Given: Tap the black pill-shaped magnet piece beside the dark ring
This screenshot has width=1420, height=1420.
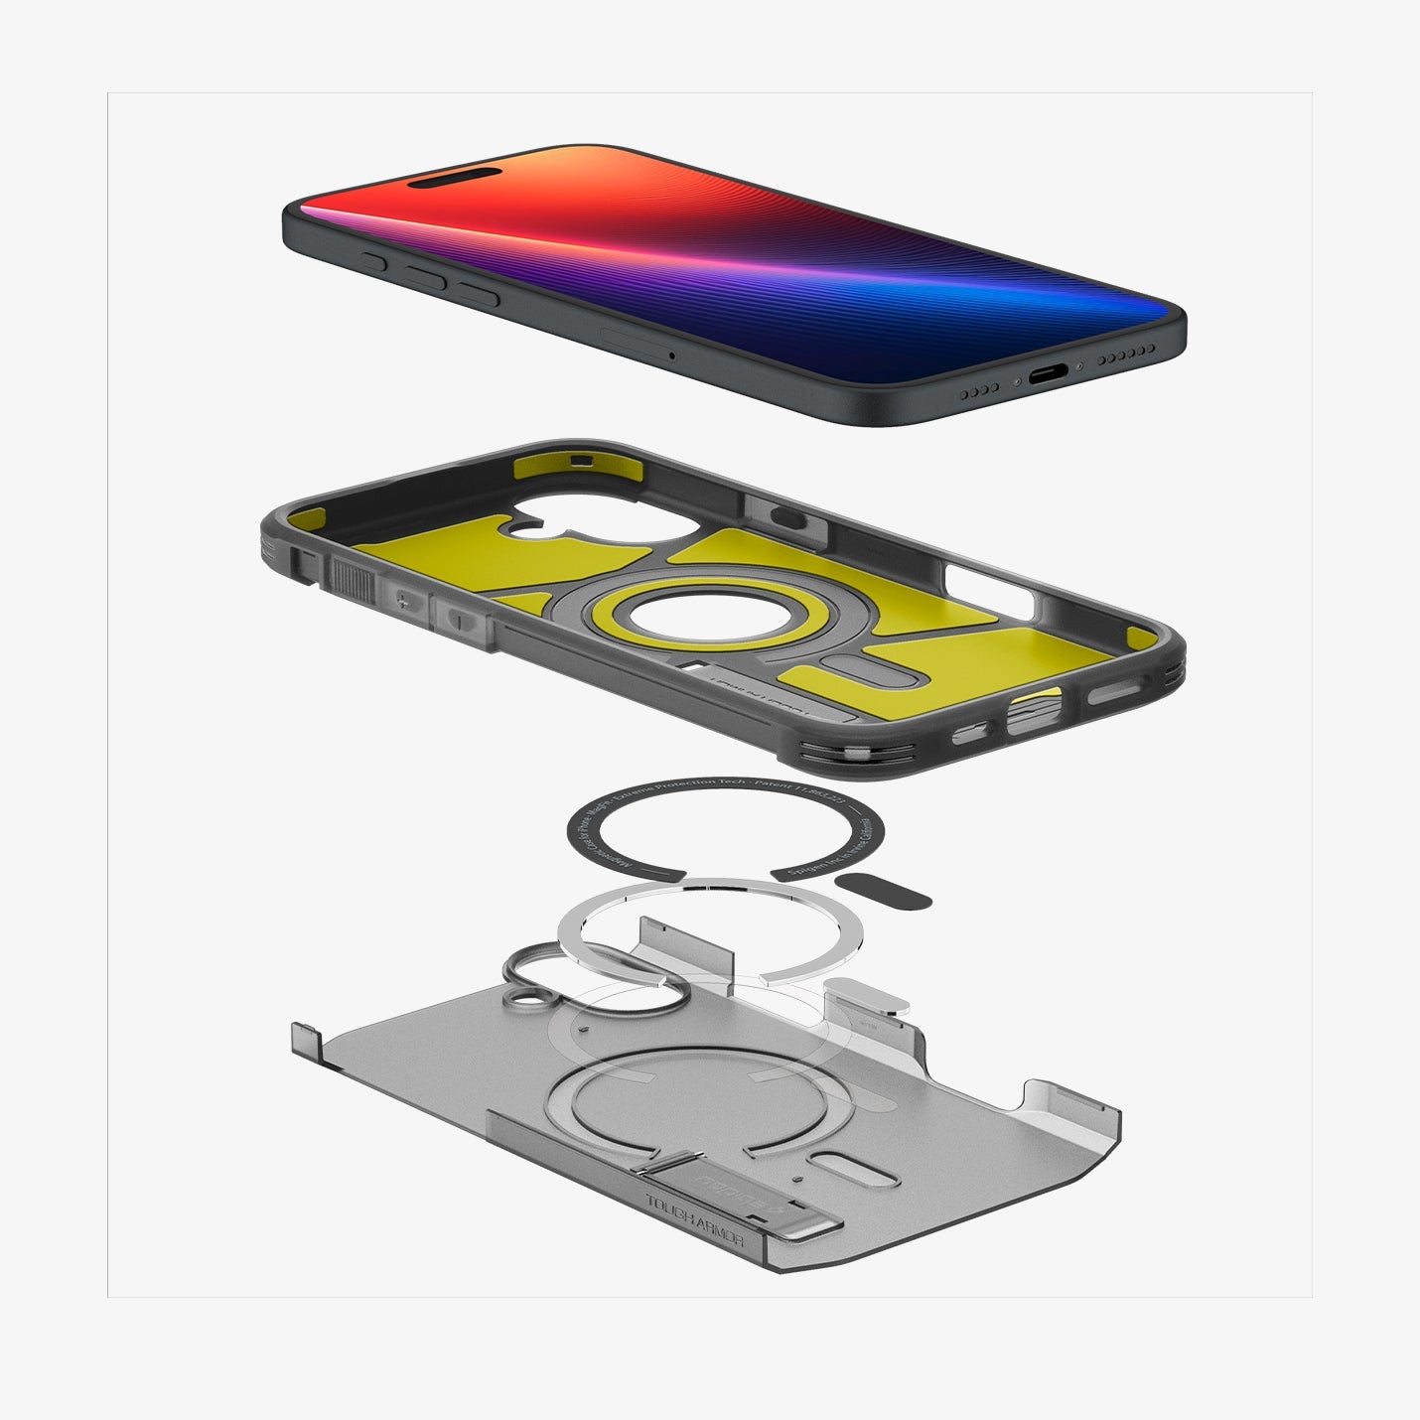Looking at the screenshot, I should click(x=883, y=891).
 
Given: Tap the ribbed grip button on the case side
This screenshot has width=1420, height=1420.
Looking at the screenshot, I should click(x=353, y=579).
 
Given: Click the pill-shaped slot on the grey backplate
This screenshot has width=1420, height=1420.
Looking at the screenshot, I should click(x=853, y=1169).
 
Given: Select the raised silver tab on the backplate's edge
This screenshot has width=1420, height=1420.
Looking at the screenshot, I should click(x=869, y=993).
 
